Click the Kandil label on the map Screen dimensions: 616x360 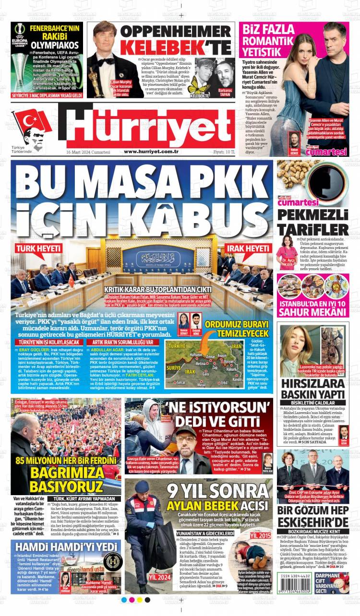pyautogui.click(x=236, y=379)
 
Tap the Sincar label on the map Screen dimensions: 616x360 pyautogui.click(x=181, y=383)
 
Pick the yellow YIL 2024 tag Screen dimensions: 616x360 pyautogui.click(x=159, y=577)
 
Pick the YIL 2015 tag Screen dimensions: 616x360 pyautogui.click(x=260, y=534)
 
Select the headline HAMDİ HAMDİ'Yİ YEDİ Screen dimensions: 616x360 pyautogui.click(x=66, y=547)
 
